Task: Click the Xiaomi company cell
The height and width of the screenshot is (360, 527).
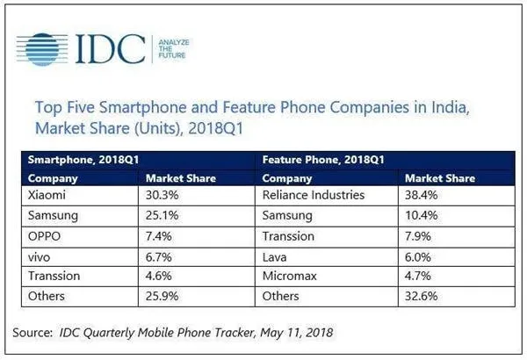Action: (48, 194)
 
